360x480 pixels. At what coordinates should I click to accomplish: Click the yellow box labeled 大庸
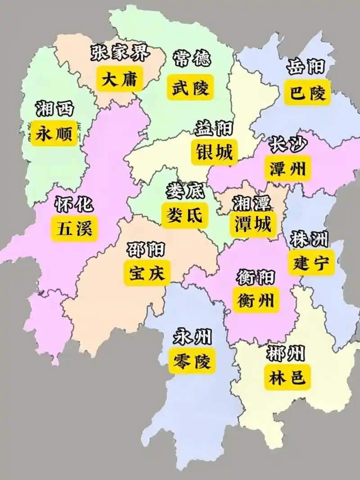[119, 80]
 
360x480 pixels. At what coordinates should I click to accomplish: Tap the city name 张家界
[121, 54]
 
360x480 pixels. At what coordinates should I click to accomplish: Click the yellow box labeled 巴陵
[308, 93]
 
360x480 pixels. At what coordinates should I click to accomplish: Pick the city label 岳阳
[306, 67]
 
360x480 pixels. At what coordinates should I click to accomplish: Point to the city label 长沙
[288, 144]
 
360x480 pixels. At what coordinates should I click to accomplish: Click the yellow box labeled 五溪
[74, 229]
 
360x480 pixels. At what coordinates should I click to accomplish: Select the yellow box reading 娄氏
[185, 215]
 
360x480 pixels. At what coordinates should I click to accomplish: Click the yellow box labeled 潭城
[252, 224]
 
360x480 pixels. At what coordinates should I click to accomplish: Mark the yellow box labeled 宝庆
[147, 273]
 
